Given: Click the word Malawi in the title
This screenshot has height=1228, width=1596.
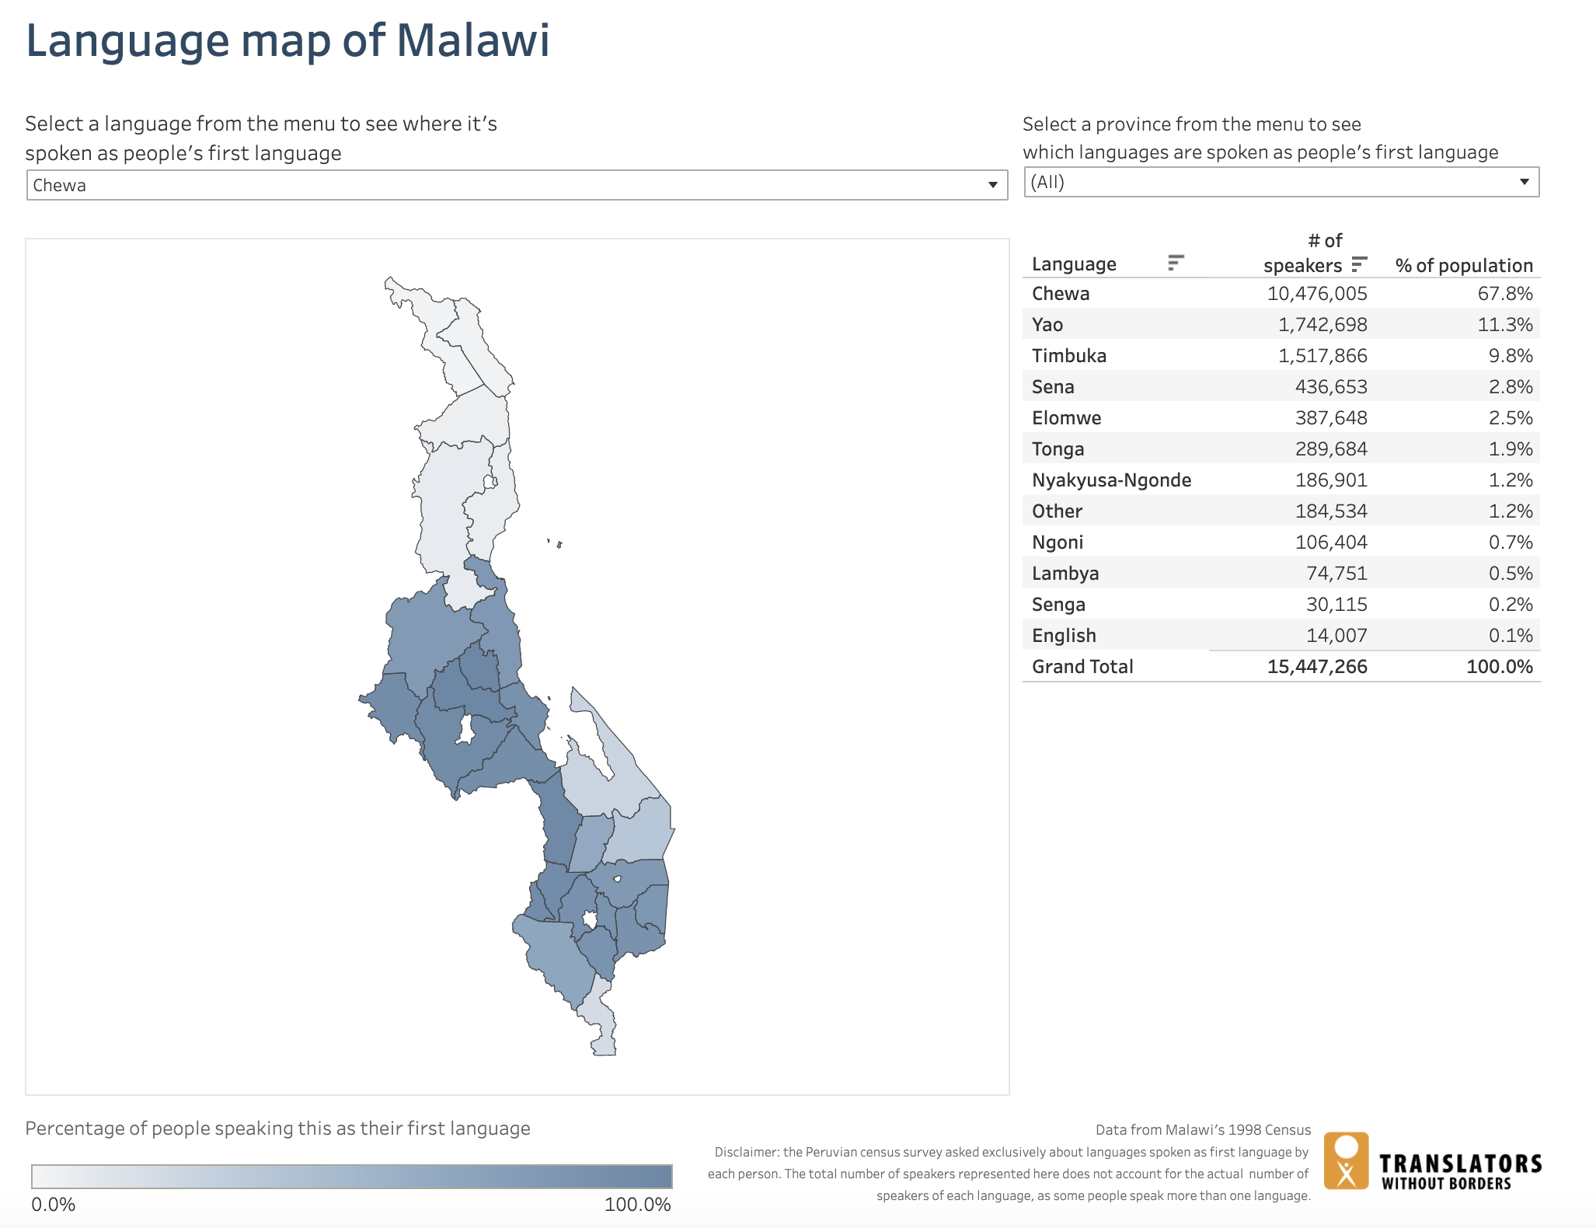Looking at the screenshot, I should pos(473,40).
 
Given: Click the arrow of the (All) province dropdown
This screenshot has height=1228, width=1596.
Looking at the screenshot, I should pos(1524,182).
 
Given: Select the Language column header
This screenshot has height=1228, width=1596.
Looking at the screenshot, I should pos(1073,264).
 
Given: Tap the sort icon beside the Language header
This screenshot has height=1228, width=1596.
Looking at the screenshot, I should pos(1176,263).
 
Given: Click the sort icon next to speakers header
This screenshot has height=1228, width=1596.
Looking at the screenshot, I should pos(1358,264).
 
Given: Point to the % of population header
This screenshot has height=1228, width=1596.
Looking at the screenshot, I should pos(1463,265).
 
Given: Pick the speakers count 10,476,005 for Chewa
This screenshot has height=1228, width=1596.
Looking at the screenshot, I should pos(1316,294).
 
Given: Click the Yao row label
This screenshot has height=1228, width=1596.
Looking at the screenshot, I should pos(1047,325).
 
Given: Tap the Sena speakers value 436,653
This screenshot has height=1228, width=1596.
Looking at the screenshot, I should pos(1330,387).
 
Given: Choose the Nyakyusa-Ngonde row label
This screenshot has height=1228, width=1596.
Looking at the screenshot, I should pos(1111,480).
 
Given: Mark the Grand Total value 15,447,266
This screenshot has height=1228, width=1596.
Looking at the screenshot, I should pos(1316,667).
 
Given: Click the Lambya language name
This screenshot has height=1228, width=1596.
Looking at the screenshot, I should pos(1065,574).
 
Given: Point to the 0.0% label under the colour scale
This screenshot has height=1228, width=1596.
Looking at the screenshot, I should pos(53,1205).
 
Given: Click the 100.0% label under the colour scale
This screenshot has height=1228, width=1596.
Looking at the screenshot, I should pos(637,1205).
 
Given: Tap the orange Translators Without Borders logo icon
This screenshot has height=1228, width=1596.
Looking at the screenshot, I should pos(1346,1160).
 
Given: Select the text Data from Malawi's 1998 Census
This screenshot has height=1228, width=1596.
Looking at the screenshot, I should pos(1202,1129).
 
